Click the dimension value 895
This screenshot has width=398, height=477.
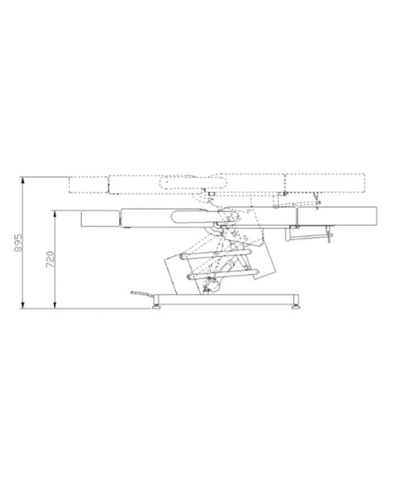(18, 242)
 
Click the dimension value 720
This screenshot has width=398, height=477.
(50, 259)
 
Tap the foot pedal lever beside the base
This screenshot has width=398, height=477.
(142, 293)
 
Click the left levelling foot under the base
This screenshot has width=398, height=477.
(157, 304)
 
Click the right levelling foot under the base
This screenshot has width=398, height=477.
(295, 304)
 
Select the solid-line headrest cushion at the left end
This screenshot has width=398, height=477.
(99, 219)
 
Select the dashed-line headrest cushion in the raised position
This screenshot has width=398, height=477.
(88, 185)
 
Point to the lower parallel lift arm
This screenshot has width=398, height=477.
(223, 273)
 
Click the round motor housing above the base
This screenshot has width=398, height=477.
(214, 285)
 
